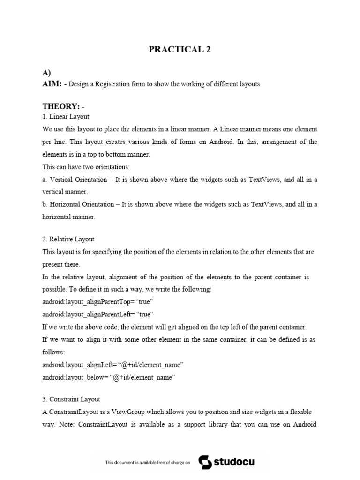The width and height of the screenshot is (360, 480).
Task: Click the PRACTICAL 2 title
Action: [x=180, y=50]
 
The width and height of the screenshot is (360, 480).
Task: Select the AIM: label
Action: [x=52, y=83]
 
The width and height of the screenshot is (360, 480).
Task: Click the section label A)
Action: [x=46, y=73]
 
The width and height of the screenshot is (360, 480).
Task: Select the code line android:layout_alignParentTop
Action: [x=98, y=301]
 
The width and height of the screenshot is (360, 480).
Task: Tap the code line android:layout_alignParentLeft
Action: [x=98, y=314]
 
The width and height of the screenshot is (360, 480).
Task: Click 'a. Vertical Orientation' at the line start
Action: [x=75, y=180]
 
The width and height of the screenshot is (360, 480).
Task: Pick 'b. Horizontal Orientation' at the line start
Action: [x=78, y=204]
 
